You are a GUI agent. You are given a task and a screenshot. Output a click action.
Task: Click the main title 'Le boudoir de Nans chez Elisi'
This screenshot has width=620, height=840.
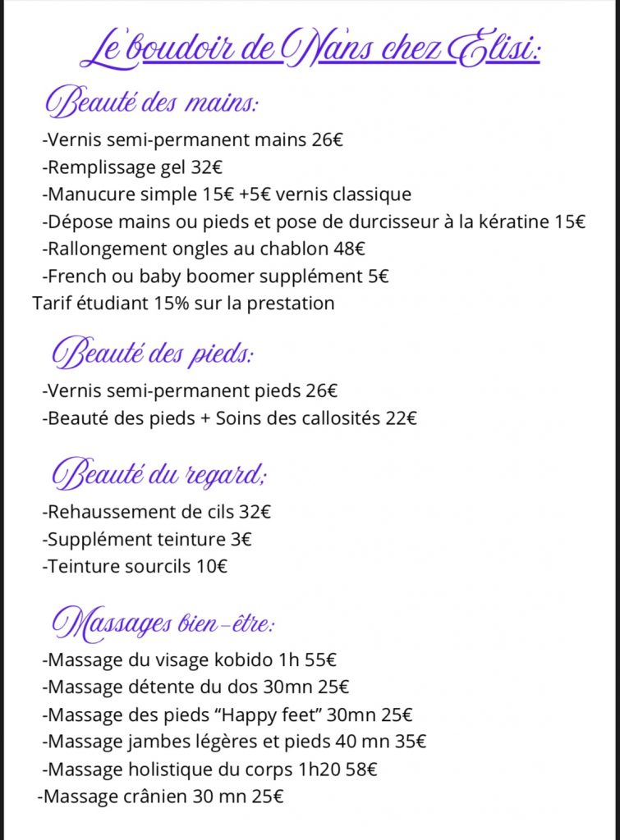(x=310, y=51)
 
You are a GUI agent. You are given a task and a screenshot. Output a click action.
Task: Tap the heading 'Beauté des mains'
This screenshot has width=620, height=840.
(x=153, y=105)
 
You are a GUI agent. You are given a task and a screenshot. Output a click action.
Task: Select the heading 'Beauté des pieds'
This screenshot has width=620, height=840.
(x=153, y=354)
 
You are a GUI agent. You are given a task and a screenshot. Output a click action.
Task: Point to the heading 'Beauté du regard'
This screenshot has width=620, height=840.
(x=161, y=475)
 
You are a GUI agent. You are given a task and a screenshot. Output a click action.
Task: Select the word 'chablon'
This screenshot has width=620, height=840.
(x=294, y=249)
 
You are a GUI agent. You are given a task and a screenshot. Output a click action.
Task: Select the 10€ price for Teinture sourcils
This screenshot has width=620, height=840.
(x=212, y=565)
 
